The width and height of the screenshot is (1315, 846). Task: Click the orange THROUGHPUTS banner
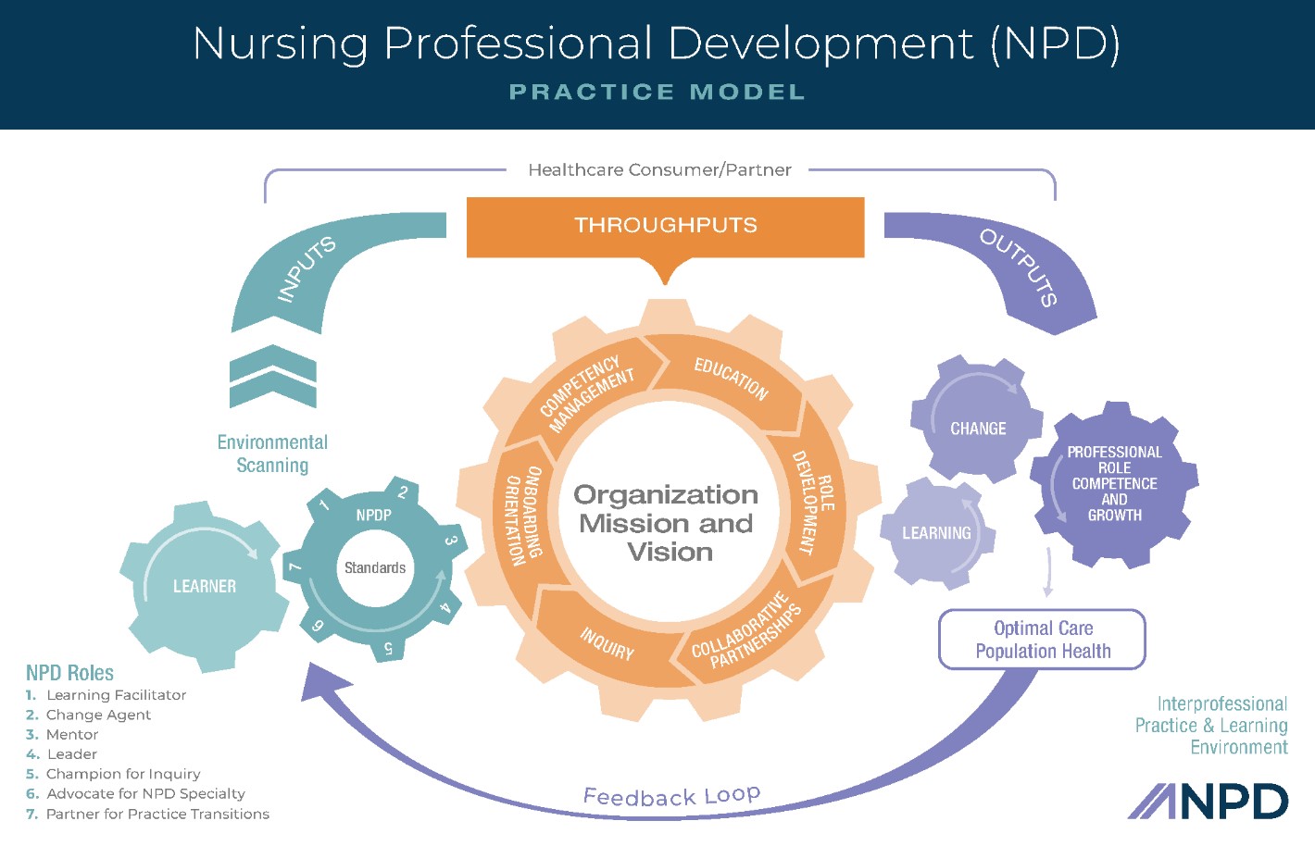[x=665, y=226]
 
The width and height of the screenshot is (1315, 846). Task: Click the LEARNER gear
[x=204, y=586]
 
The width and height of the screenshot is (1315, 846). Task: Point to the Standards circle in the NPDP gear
[x=375, y=568]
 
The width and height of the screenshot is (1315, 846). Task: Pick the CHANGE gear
[x=978, y=429]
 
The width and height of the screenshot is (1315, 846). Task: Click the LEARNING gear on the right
[x=936, y=533]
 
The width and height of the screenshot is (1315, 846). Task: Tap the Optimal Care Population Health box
[x=1043, y=640]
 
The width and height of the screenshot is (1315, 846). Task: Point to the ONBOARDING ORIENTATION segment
[x=522, y=515]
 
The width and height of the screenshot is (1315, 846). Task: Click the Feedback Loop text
[x=671, y=796]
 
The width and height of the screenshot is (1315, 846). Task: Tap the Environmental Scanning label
[x=272, y=454]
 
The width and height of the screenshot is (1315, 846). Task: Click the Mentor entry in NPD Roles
[x=71, y=735]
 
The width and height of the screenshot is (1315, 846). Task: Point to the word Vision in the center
[x=670, y=553]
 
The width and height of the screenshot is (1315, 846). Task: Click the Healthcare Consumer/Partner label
[x=659, y=170]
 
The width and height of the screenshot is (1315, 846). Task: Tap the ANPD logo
[x=1208, y=802]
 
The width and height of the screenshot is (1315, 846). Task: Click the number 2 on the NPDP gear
[x=403, y=492]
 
